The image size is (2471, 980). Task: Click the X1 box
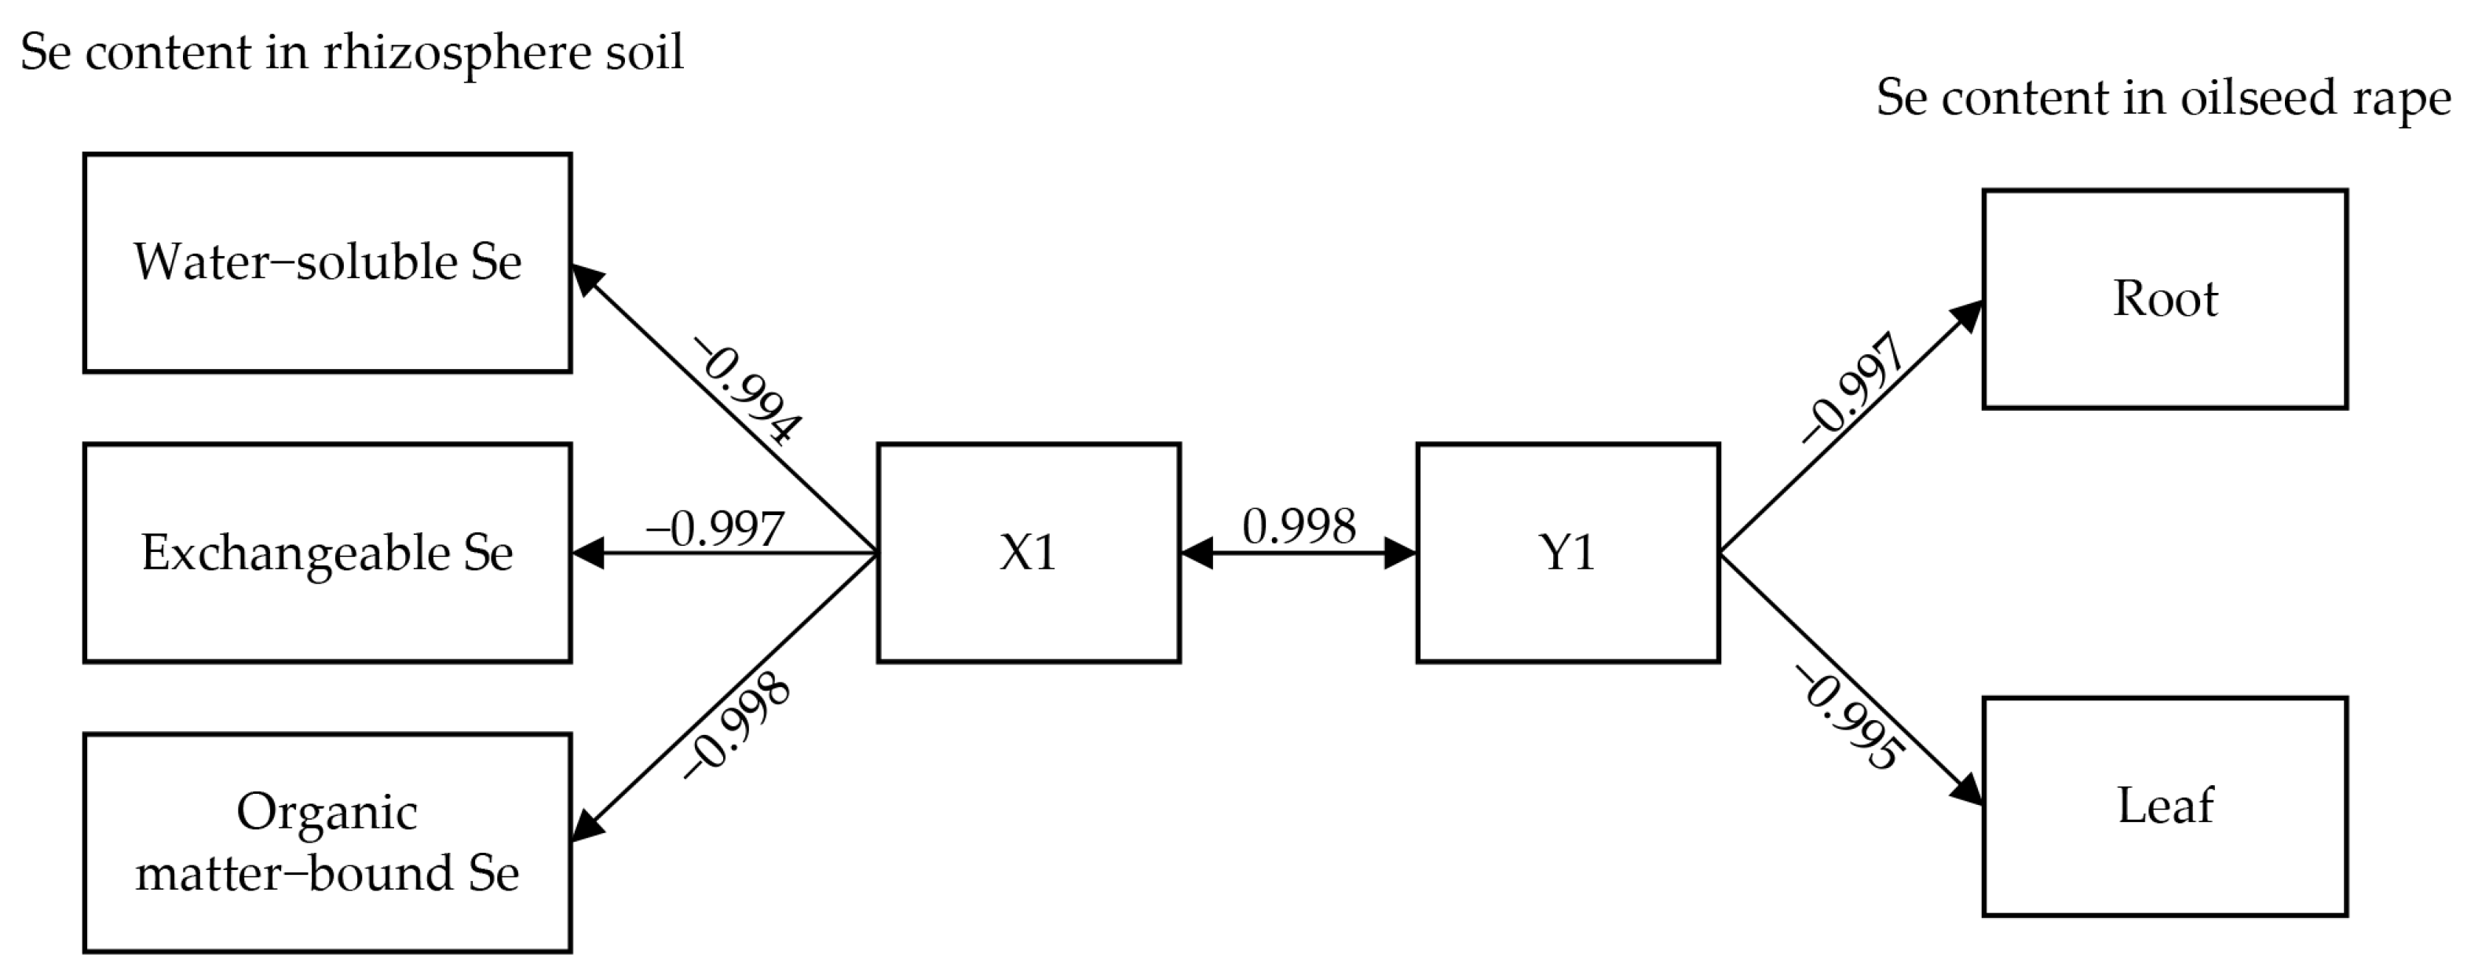1029,552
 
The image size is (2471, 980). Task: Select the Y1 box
1567,552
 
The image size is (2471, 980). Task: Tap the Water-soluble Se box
327,261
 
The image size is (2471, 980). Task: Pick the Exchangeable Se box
327,552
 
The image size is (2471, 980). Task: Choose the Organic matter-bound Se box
327,843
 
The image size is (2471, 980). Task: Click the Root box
2165,299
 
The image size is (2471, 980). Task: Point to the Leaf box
2165,806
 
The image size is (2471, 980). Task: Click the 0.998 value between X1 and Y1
1299,526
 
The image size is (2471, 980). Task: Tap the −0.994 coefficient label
749,390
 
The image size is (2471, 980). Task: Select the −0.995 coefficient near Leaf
1849,719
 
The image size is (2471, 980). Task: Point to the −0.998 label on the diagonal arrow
737,726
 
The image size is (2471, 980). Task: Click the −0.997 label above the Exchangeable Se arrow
715,528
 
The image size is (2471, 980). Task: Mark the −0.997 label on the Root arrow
1852,389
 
